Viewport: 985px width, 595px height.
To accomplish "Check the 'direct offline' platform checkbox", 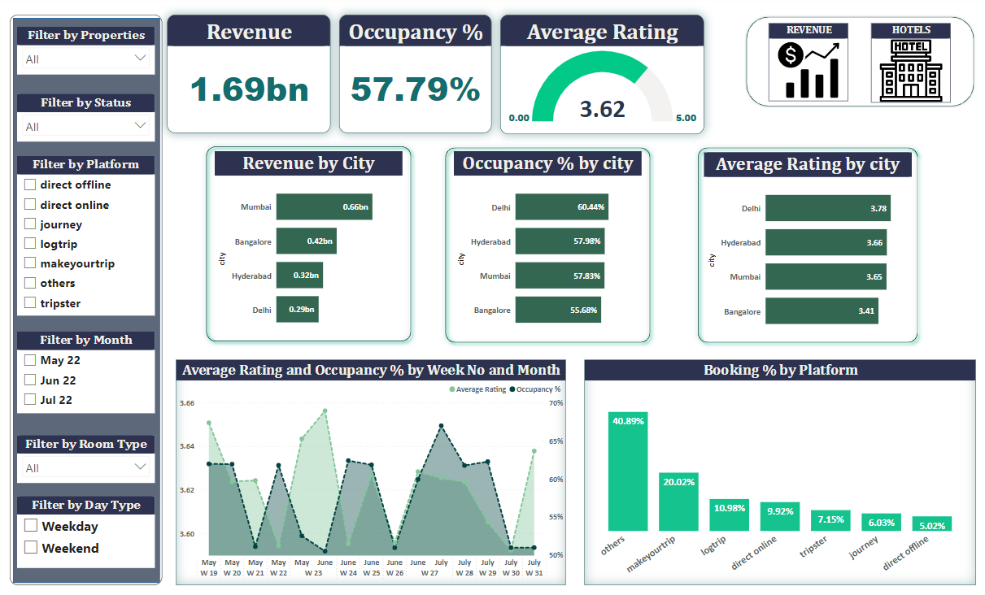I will pyautogui.click(x=30, y=185).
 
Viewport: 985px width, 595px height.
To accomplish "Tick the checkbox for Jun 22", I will pyautogui.click(x=30, y=380).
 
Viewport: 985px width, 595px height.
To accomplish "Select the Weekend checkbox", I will pyautogui.click(x=31, y=548).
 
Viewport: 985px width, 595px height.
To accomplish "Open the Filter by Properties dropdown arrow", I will pyautogui.click(x=140, y=58).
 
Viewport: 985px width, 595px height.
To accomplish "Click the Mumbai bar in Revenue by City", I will pyautogui.click(x=324, y=207).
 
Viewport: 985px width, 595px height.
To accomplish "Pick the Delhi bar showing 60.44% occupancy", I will pyautogui.click(x=562, y=207).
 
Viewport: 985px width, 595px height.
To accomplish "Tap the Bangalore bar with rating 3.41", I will pyautogui.click(x=822, y=311).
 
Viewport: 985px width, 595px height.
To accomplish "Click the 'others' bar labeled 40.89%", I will pyautogui.click(x=628, y=471).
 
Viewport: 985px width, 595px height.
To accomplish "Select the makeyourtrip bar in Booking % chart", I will pyautogui.click(x=678, y=502).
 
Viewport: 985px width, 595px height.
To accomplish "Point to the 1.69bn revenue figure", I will pyautogui.click(x=249, y=89).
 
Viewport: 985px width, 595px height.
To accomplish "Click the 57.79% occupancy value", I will pyautogui.click(x=416, y=89).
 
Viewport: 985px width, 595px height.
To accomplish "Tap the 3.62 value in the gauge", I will pyautogui.click(x=602, y=109).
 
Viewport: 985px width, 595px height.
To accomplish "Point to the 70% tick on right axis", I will pyautogui.click(x=556, y=403).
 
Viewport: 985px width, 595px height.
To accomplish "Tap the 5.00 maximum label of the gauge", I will pyautogui.click(x=686, y=118).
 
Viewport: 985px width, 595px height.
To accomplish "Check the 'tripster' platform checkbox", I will pyautogui.click(x=30, y=302).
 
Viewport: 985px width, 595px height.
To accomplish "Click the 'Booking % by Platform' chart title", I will pyautogui.click(x=780, y=371).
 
